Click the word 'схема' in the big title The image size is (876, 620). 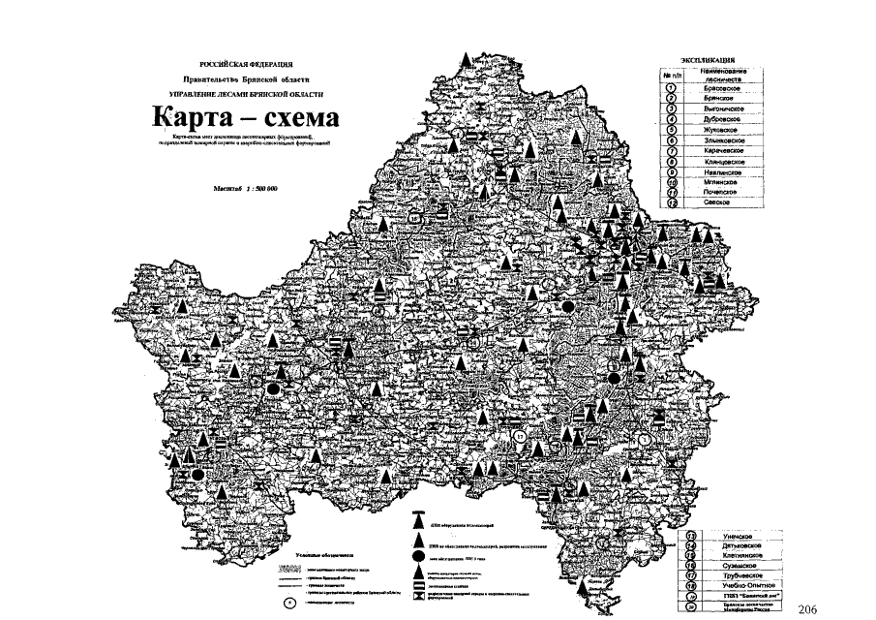[x=297, y=121]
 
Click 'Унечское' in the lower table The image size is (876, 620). [x=733, y=536]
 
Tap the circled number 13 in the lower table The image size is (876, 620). [x=691, y=536]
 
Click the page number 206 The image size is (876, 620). [x=810, y=608]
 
